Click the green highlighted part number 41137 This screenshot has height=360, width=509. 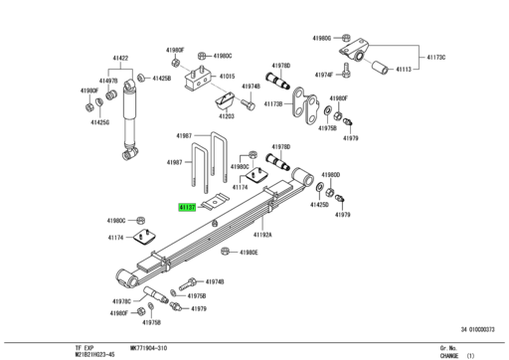click(188, 208)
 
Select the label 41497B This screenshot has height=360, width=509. click(107, 80)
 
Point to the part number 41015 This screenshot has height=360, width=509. click(228, 77)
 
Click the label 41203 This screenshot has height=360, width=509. click(227, 116)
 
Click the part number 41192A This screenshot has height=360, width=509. click(262, 235)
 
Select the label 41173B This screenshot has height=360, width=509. click(271, 103)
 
